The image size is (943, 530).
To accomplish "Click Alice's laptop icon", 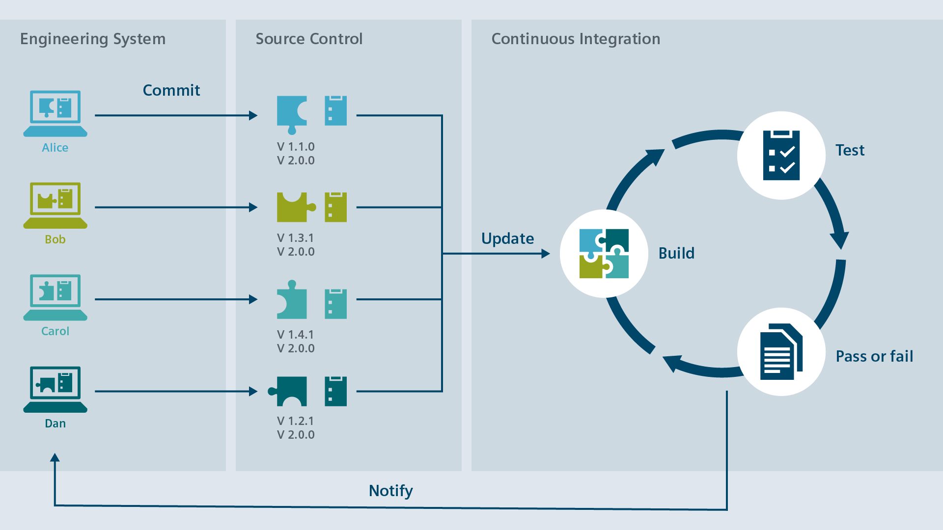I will tap(55, 113).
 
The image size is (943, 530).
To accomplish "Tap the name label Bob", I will tap(55, 239).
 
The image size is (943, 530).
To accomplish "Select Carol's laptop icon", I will tap(55, 297).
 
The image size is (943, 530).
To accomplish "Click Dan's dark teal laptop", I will tap(55, 389).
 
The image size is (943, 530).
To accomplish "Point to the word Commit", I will tap(171, 90).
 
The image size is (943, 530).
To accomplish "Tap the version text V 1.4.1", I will tap(295, 335).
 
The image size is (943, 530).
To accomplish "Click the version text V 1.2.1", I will tap(295, 421).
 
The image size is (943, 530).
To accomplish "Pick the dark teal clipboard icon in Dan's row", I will tap(335, 391).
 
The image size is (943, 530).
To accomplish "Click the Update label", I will tap(507, 238).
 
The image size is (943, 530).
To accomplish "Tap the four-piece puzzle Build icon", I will tap(604, 253).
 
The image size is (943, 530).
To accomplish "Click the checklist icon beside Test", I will tap(781, 155).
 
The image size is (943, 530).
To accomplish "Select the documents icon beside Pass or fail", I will tap(781, 351).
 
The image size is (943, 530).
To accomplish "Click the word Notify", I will tap(390, 491).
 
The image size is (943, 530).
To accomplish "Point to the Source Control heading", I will tap(309, 39).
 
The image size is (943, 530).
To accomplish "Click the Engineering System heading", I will tap(93, 39).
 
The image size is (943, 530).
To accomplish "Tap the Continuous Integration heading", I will tap(576, 39).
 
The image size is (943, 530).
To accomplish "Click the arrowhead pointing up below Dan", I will tap(55, 457).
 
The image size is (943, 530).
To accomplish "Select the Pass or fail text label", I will tap(874, 356).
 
